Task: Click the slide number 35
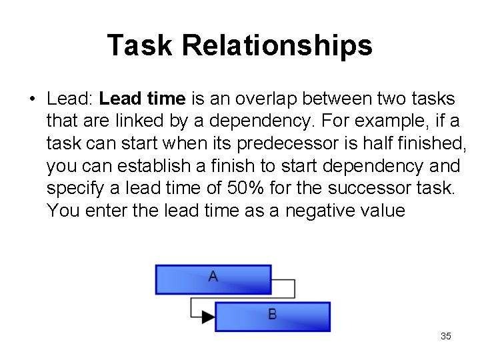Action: (446, 336)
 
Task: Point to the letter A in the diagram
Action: (213, 275)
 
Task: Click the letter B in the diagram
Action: (273, 313)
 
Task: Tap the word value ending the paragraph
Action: (381, 211)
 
